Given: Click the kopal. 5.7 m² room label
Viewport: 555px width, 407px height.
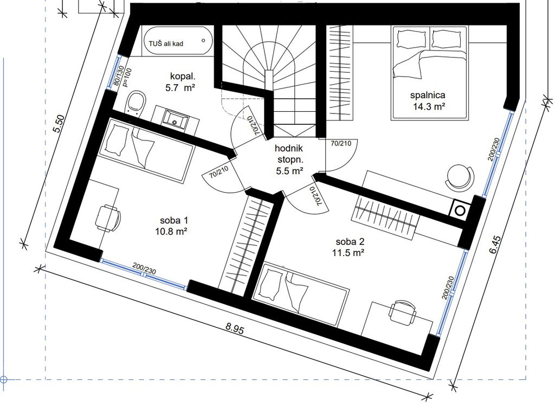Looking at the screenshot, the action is click(x=181, y=82).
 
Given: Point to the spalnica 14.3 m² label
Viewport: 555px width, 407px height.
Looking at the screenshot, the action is click(x=428, y=100).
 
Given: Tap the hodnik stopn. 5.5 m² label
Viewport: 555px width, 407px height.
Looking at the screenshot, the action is click(x=289, y=160).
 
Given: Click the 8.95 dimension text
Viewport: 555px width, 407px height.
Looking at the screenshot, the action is click(x=235, y=329).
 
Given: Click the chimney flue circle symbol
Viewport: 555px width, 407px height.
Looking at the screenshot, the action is click(x=460, y=210).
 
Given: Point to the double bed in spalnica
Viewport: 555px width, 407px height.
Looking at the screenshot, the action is click(x=429, y=73).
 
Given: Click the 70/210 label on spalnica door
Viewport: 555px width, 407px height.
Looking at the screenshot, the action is click(x=341, y=143).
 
